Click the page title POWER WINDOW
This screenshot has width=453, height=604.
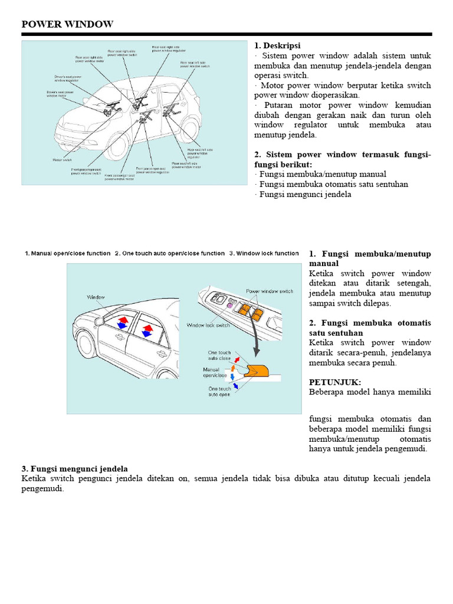point(67,24)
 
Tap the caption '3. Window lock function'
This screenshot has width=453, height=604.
point(264,253)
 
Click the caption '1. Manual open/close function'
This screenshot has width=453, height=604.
point(67,253)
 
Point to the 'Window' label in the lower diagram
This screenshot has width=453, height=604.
point(96,297)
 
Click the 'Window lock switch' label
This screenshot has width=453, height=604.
point(208,325)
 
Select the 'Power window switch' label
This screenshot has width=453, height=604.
point(270,291)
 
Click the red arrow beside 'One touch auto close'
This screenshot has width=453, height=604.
point(237,357)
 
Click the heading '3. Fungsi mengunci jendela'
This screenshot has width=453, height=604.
point(74,468)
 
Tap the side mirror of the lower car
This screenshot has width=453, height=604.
point(99,321)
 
